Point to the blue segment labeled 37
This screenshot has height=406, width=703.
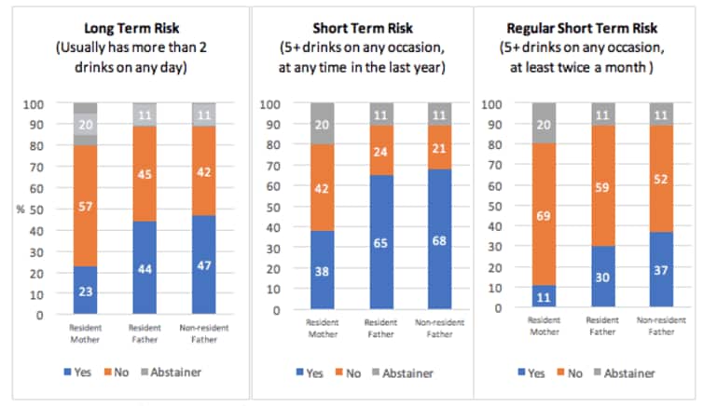click(661, 269)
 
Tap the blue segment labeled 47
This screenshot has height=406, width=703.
click(202, 265)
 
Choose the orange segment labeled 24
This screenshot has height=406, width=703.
click(381, 151)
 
